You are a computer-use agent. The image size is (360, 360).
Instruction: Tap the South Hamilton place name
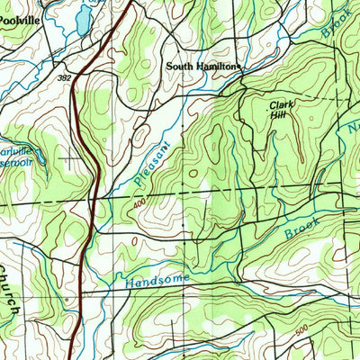point(202,67)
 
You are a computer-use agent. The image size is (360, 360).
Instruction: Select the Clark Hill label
point(281,111)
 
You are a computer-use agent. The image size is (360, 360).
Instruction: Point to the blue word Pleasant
point(145,157)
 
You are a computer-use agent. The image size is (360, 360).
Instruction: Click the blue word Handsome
point(158,281)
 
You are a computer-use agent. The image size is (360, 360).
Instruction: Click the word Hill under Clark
point(281,116)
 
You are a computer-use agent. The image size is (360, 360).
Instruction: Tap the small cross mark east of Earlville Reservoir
point(71,159)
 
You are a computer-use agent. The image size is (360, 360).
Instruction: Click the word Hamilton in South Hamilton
point(215,67)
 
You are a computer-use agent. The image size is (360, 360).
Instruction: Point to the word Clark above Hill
point(281,105)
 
